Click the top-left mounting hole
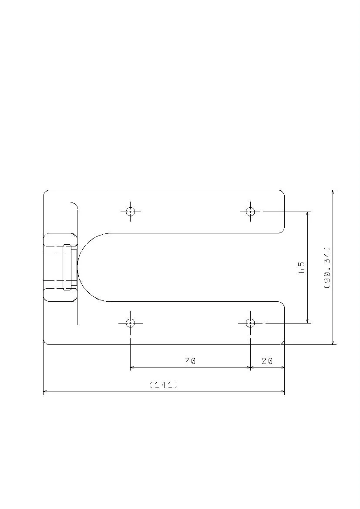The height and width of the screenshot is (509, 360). point(130,212)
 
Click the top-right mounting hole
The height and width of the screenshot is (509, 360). point(250,212)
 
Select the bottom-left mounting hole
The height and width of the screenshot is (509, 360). point(130,323)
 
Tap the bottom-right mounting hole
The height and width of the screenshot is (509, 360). point(250,323)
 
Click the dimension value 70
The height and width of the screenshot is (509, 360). point(190,361)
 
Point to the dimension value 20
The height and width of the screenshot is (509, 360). point(267,361)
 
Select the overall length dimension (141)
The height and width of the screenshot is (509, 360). point(164,385)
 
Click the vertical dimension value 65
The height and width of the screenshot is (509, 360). point(301,267)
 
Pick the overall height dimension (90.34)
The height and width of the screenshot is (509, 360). point(327,268)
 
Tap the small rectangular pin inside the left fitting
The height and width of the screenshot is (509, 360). point(67,267)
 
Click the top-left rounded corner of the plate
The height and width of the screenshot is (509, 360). point(45,192)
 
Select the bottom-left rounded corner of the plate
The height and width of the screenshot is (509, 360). point(45,342)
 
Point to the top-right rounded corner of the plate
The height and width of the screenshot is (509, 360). point(283,192)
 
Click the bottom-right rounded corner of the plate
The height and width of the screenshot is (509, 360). point(283,342)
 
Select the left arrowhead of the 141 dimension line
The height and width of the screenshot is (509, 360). point(45,391)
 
